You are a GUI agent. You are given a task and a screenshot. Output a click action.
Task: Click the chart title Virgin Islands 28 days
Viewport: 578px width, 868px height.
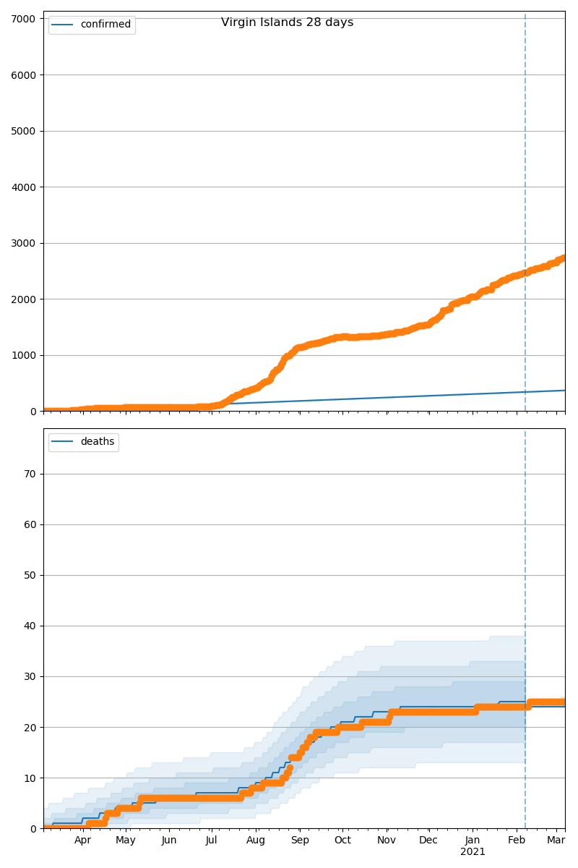287,22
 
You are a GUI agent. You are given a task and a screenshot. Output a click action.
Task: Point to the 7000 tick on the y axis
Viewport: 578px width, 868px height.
24,19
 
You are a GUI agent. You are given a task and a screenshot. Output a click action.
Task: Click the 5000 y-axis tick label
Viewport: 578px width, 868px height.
24,131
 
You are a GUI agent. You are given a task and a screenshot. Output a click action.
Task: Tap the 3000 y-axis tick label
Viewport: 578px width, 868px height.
24,243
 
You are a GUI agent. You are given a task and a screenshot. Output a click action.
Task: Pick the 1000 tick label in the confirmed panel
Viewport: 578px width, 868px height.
24,355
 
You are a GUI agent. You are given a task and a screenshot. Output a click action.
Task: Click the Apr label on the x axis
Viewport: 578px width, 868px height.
82,840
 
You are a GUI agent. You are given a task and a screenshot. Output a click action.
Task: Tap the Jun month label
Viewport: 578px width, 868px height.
169,840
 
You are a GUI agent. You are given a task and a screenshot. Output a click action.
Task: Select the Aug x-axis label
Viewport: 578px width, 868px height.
256,840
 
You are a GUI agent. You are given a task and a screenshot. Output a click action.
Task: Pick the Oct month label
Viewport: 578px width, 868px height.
342,840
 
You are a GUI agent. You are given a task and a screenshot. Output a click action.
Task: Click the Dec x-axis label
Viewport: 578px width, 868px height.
429,840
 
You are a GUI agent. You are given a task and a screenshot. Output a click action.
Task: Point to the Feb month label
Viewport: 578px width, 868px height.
517,840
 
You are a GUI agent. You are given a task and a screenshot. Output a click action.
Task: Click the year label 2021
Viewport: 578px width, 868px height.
473,852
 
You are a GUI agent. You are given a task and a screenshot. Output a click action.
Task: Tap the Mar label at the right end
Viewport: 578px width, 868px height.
556,840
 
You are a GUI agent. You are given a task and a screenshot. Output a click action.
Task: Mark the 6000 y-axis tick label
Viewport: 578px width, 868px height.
24,75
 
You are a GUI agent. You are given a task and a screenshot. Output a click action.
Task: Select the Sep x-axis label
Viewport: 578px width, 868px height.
300,840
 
